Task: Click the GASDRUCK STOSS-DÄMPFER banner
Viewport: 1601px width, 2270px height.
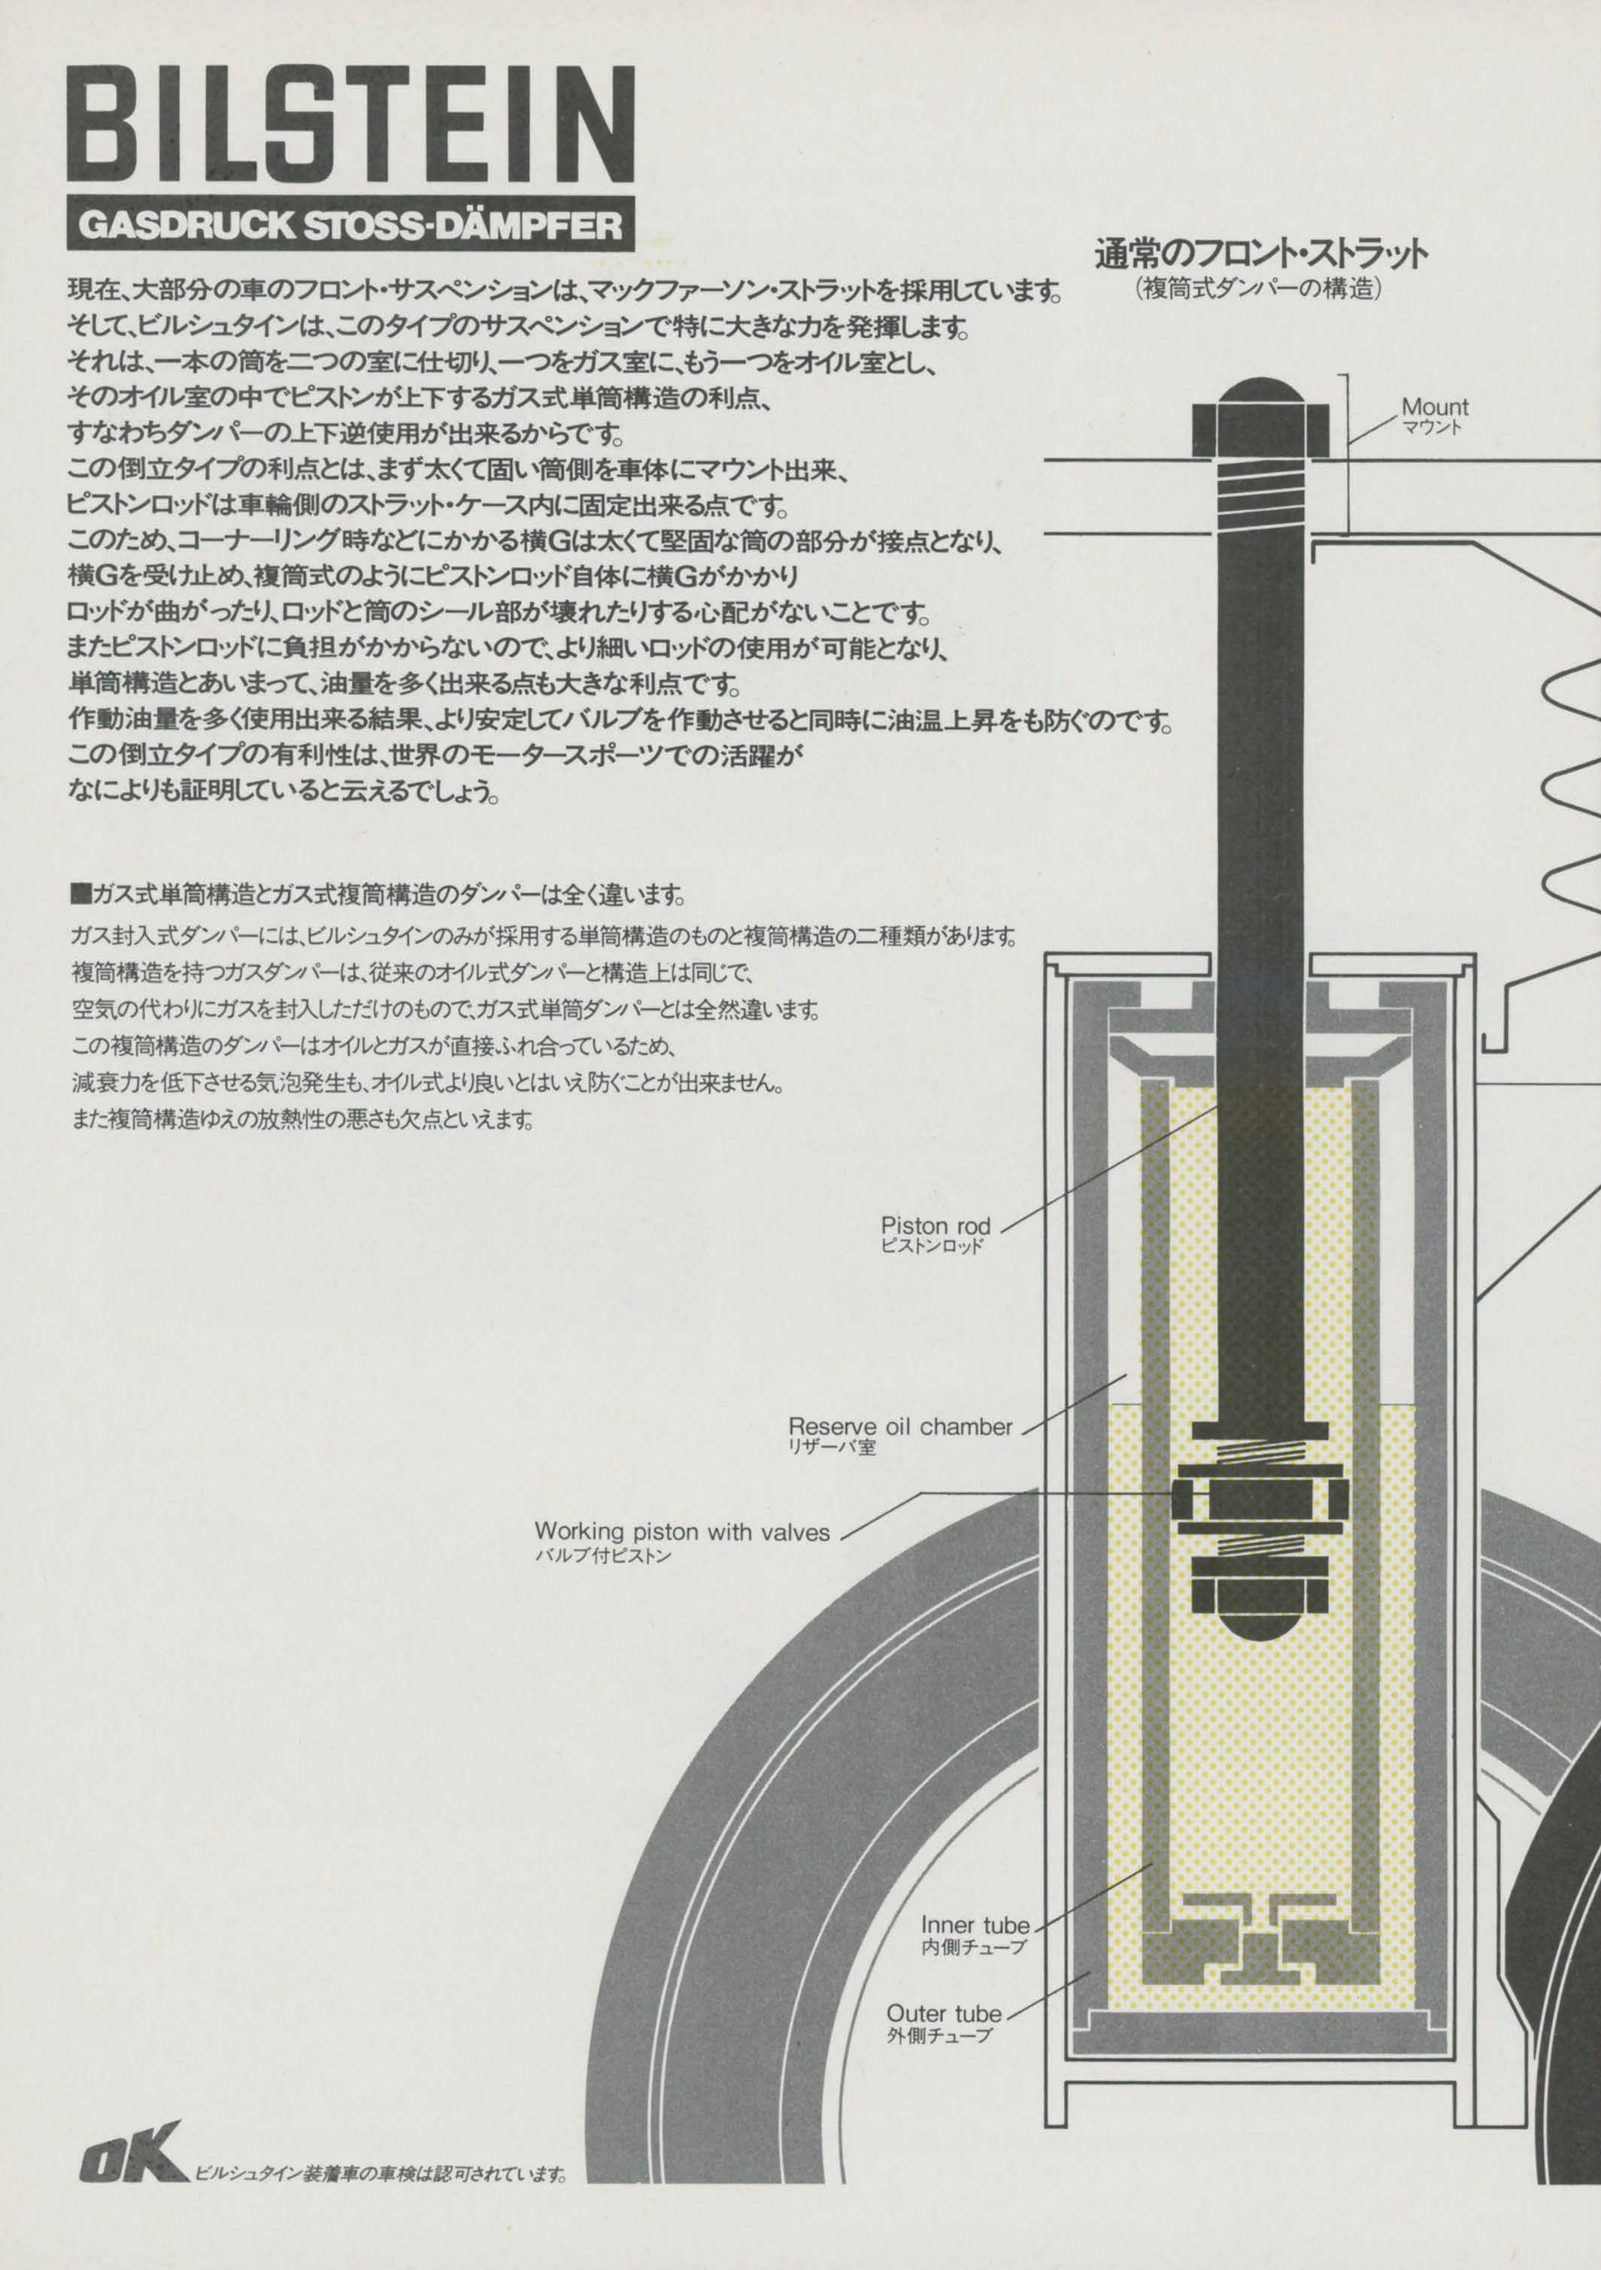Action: tap(351, 225)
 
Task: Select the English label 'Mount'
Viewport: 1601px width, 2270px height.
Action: tap(1435, 407)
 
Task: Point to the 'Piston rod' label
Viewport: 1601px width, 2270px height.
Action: tap(935, 1227)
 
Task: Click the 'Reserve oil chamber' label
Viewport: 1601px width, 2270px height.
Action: tap(900, 1427)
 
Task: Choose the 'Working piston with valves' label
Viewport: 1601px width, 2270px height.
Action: tap(682, 1531)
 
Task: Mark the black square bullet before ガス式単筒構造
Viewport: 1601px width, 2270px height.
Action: tap(81, 896)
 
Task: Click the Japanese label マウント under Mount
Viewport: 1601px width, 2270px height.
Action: tap(1431, 428)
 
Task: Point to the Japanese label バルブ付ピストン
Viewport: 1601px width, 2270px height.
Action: tap(602, 1555)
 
